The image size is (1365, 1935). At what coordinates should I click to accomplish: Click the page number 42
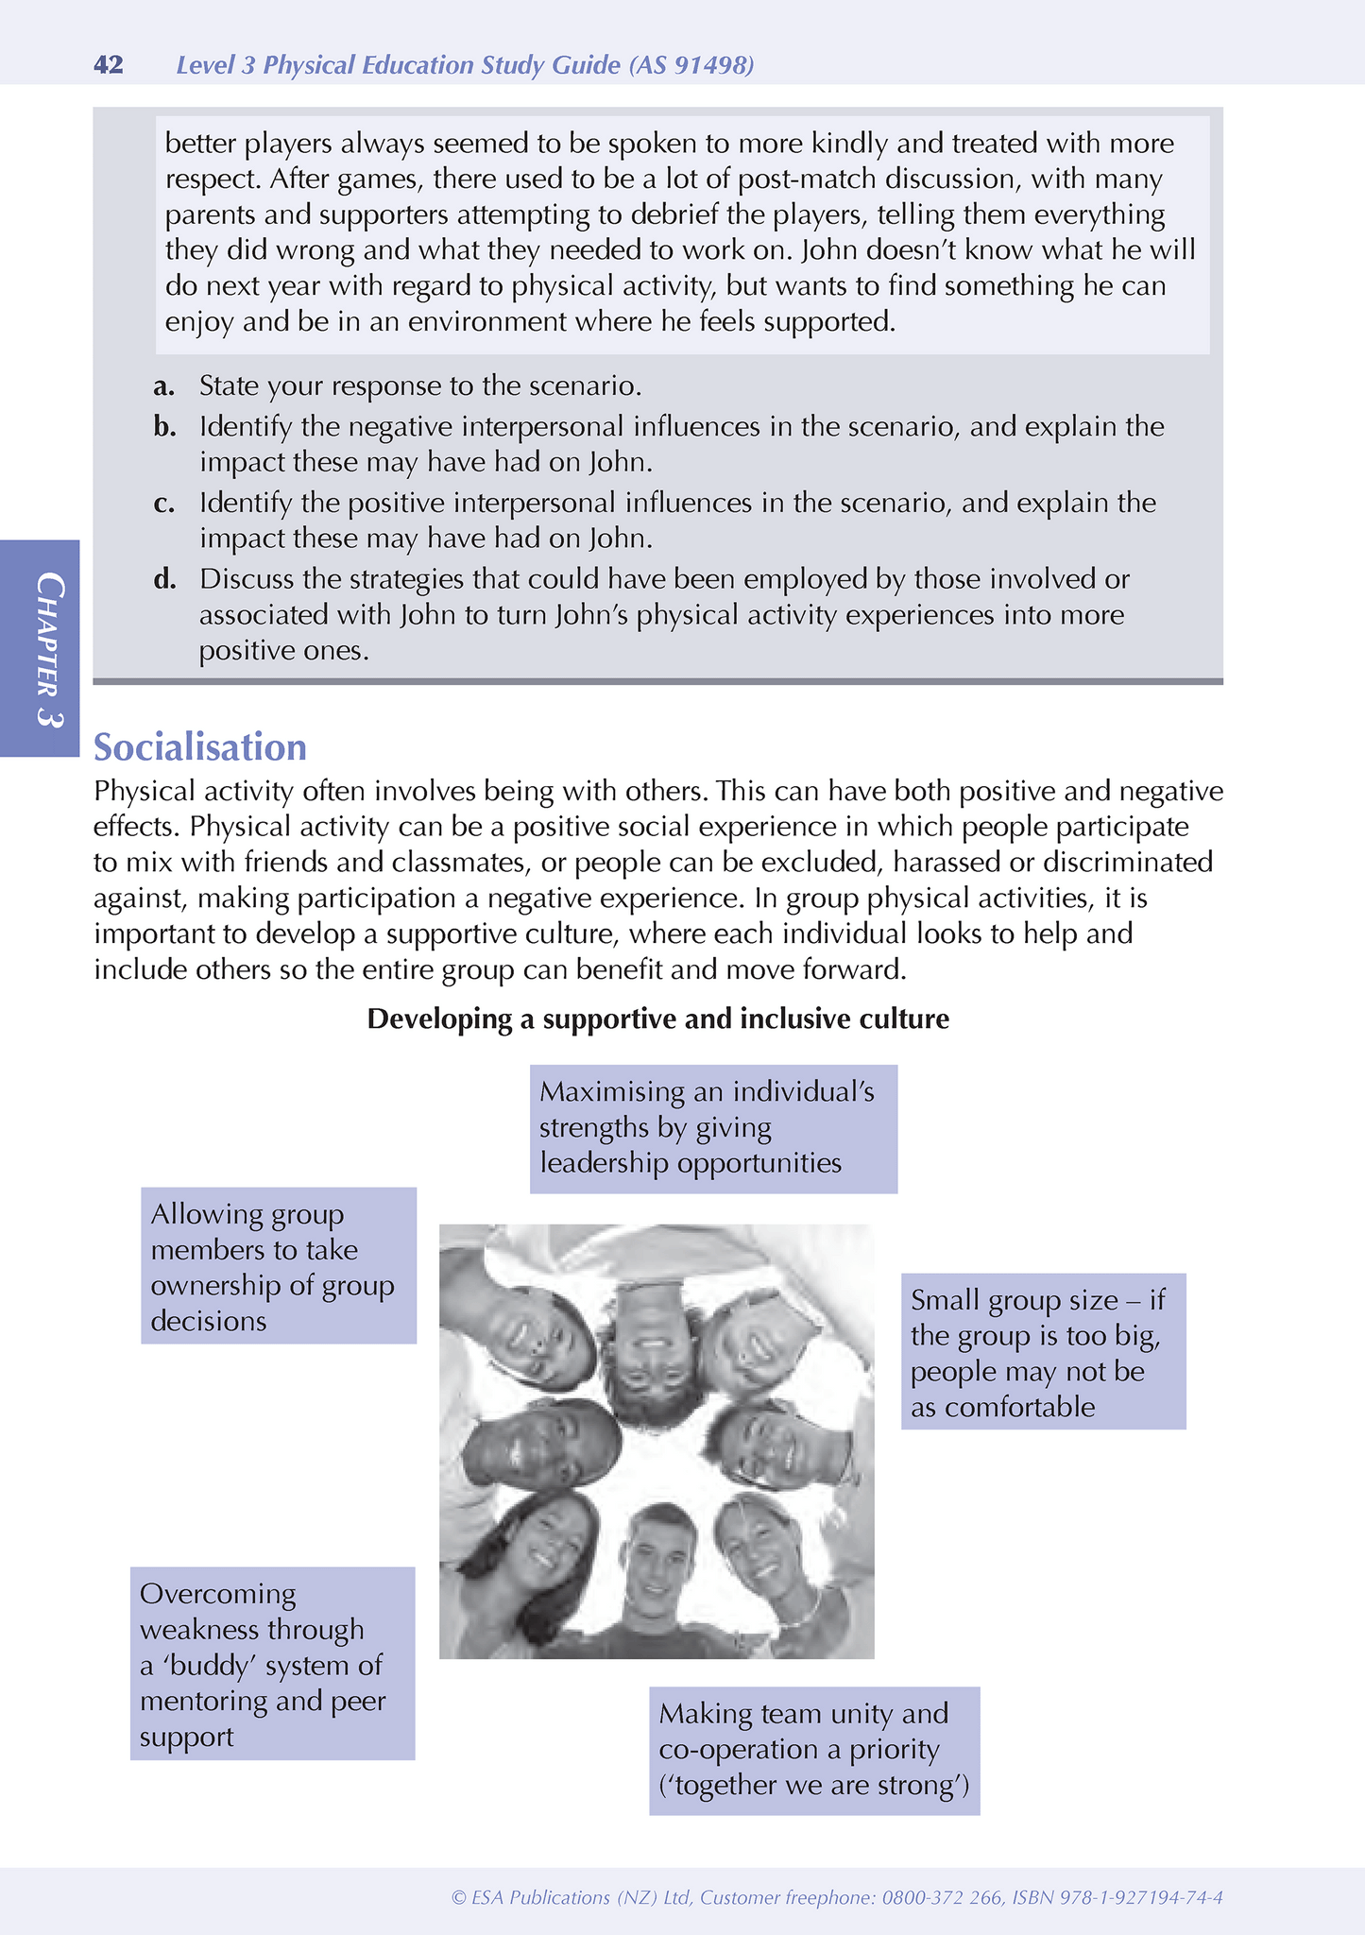[109, 65]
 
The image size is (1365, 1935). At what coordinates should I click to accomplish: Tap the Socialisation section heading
[200, 747]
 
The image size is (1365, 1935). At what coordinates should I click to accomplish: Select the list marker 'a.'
[165, 386]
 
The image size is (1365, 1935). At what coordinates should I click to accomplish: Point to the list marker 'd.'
[165, 578]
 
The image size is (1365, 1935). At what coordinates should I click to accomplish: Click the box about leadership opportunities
[713, 1128]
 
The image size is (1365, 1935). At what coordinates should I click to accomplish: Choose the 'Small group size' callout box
[1043, 1353]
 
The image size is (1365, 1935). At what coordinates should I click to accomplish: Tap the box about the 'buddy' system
[272, 1664]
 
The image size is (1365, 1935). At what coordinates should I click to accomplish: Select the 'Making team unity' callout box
[814, 1750]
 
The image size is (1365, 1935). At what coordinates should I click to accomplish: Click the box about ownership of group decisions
[279, 1266]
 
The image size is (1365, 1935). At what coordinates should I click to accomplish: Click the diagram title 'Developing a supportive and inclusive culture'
[657, 1019]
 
